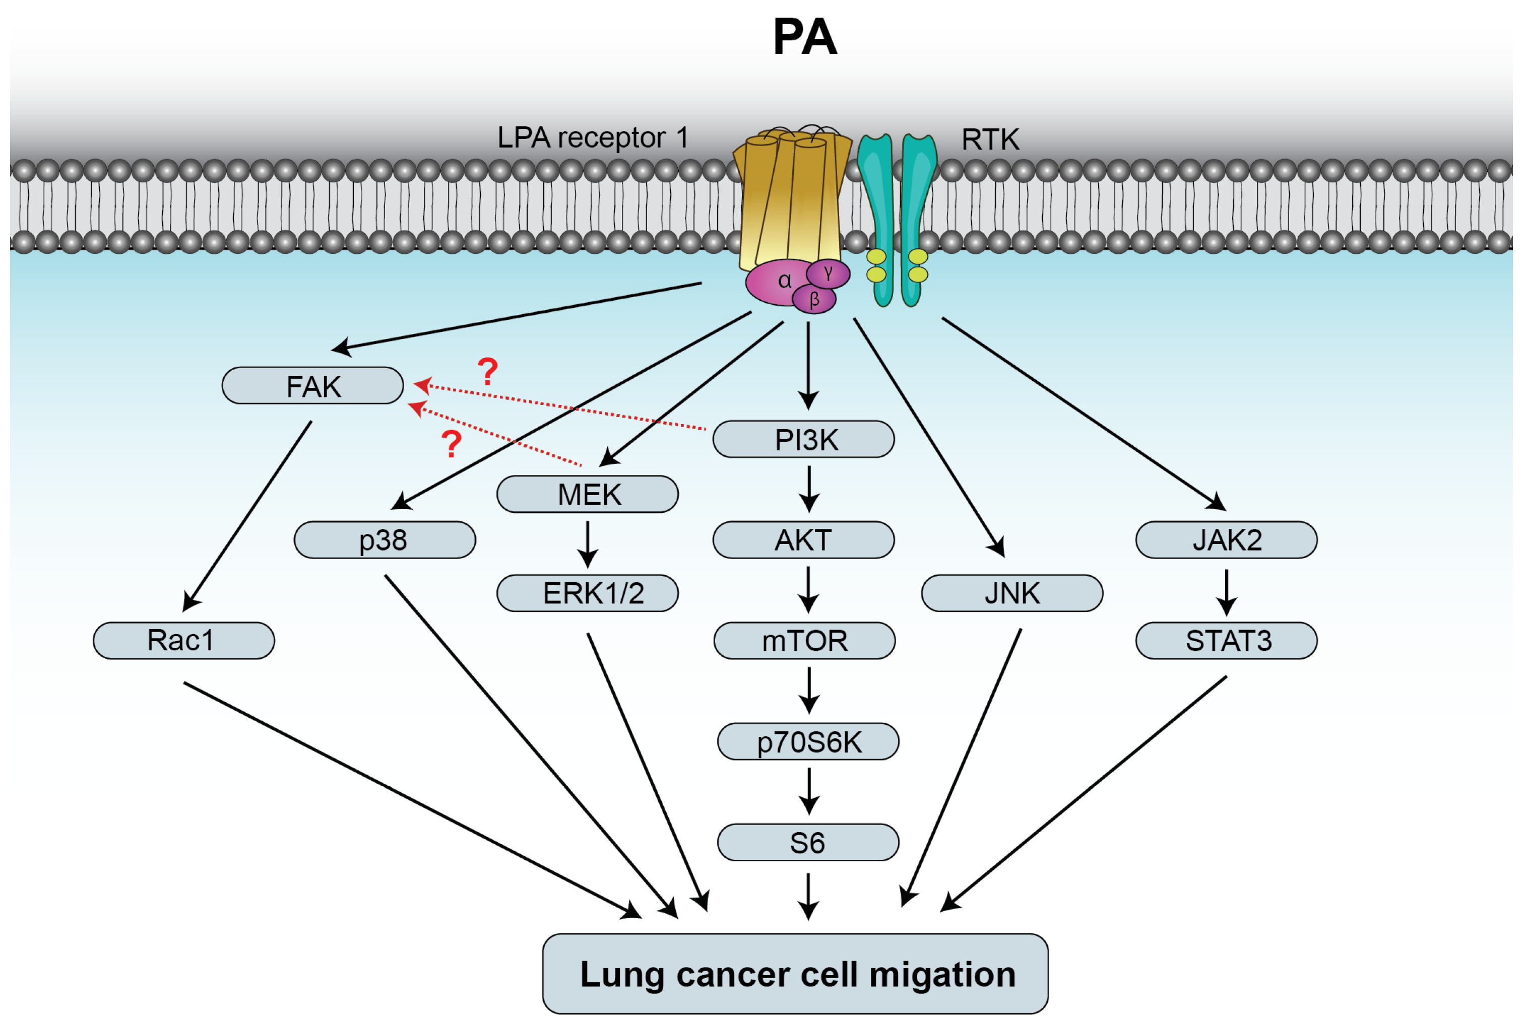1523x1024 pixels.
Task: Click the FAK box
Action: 312,385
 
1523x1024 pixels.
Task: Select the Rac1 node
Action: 183,640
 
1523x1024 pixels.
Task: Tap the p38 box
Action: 384,539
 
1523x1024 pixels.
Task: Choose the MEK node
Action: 587,494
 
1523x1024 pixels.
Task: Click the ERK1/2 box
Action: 587,593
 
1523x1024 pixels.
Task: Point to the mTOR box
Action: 804,640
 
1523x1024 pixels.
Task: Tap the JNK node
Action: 1011,593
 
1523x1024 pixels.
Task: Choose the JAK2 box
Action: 1226,539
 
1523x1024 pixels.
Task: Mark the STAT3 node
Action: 1226,640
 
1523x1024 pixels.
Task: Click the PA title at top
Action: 804,37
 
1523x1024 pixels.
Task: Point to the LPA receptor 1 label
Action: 593,138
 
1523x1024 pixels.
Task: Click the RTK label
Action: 989,140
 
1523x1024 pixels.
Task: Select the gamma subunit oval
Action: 828,273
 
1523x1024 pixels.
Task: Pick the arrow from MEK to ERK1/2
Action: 587,543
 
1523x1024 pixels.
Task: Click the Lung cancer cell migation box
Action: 795,974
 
